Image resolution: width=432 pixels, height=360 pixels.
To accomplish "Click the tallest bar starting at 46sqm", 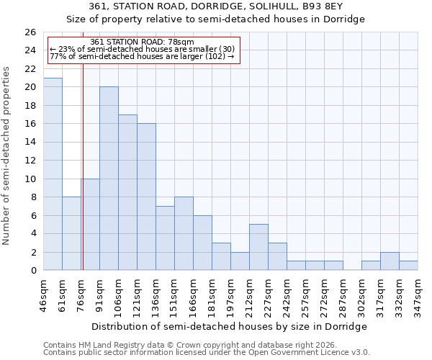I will pyautogui.click(x=53, y=174).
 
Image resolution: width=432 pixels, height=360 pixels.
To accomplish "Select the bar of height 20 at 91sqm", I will pyautogui.click(x=109, y=179).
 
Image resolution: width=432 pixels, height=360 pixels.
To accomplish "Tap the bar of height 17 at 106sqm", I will pyautogui.click(x=127, y=192).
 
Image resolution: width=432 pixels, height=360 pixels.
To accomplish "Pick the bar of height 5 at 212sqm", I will pyautogui.click(x=258, y=247).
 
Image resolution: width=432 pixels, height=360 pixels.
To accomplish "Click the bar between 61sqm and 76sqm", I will pyautogui.click(x=71, y=233).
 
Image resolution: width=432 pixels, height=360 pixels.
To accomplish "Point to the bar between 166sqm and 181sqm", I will pyautogui.click(x=202, y=243).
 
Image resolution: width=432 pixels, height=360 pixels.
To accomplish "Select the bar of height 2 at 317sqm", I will pyautogui.click(x=390, y=261).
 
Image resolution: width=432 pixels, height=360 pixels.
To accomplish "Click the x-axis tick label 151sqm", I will pyautogui.click(x=184, y=294).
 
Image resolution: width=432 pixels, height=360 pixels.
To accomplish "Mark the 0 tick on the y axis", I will pyautogui.click(x=33, y=271).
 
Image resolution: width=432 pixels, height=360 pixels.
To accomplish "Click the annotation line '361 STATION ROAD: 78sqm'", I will pyautogui.click(x=143, y=42).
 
